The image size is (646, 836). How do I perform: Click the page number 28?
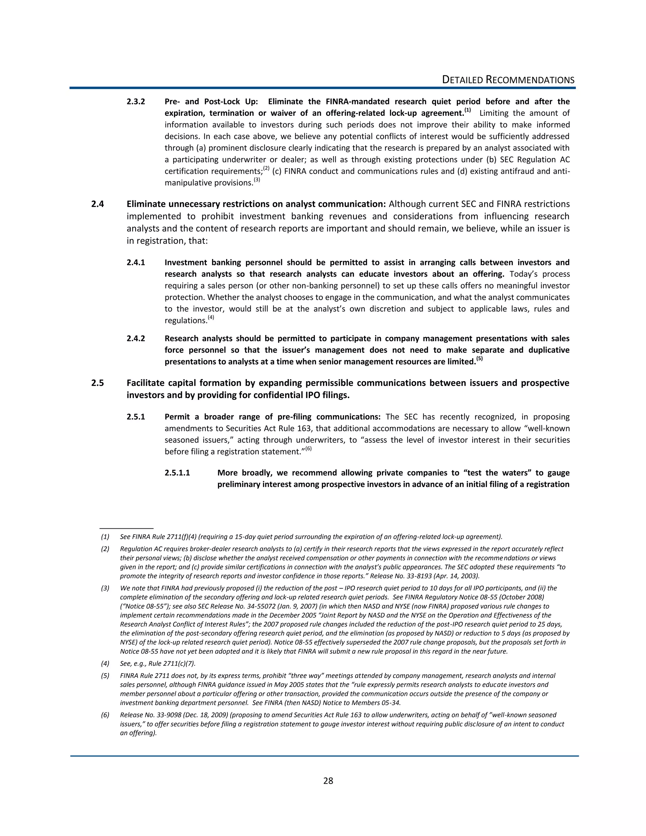pyautogui.click(x=328, y=781)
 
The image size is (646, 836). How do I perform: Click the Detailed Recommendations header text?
pyautogui.click(x=508, y=80)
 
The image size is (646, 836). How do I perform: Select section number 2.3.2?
pyautogui.click(x=136, y=102)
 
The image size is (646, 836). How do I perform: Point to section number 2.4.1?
pyautogui.click(x=136, y=262)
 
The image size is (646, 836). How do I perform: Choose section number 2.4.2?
pyautogui.click(x=136, y=339)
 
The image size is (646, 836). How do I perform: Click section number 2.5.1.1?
pyautogui.click(x=177, y=473)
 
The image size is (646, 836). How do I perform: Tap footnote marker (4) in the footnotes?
pyautogui.click(x=105, y=663)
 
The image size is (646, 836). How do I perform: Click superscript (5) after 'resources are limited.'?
pyautogui.click(x=479, y=359)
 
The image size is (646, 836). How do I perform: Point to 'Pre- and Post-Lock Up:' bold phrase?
pyautogui.click(x=211, y=102)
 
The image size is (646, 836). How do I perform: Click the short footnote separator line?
pyautogui.click(x=126, y=528)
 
